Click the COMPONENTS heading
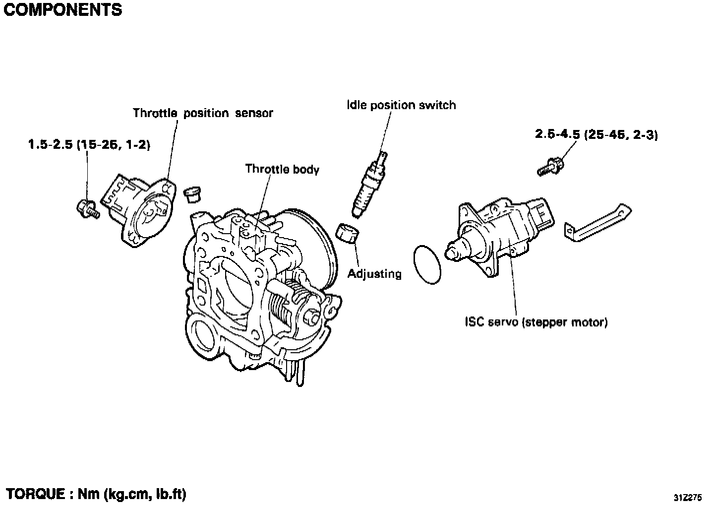[x=62, y=9]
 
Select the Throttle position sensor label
[x=203, y=113]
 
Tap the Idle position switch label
[x=401, y=105]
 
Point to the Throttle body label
[x=282, y=169]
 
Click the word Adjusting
[x=374, y=273]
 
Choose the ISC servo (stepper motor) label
[x=536, y=322]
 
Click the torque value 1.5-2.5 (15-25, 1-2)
[x=89, y=145]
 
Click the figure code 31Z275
[x=688, y=497]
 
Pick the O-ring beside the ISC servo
[x=427, y=264]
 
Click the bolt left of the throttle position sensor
[x=88, y=208]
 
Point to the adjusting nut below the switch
[x=349, y=233]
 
